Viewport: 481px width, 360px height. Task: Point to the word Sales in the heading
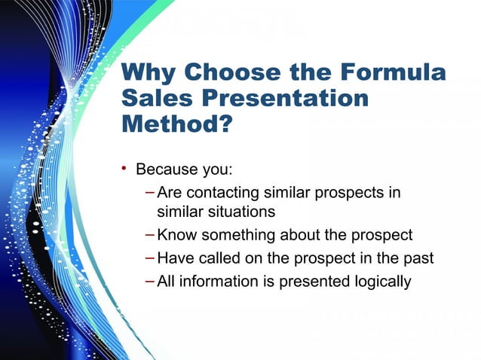point(155,99)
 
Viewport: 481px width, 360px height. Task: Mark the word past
point(418,258)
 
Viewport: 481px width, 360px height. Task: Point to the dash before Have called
point(150,258)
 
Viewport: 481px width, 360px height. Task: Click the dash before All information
point(150,282)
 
